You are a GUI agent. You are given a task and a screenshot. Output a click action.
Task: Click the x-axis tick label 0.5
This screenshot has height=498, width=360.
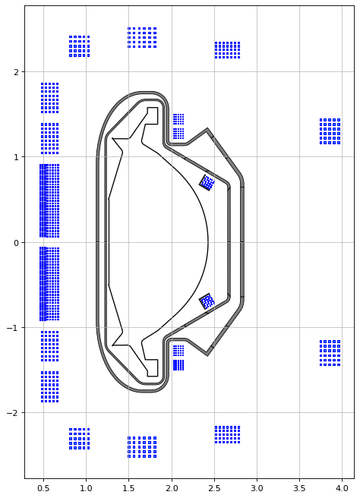(x=43, y=488)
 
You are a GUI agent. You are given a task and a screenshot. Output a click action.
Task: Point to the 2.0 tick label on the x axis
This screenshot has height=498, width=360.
(x=172, y=488)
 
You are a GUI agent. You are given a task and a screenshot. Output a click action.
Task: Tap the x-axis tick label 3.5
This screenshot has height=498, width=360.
(x=299, y=488)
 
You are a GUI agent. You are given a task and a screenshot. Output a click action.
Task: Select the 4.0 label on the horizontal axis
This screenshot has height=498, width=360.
(x=342, y=488)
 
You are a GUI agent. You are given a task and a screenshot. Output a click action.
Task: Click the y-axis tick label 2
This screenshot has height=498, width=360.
(x=17, y=72)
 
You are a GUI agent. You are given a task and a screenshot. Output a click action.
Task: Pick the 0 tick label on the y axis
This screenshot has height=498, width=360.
(x=17, y=243)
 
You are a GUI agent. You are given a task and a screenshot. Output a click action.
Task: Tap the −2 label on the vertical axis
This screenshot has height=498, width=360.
(x=14, y=413)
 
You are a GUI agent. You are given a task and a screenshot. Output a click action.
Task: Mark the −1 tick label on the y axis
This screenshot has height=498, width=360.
(x=14, y=328)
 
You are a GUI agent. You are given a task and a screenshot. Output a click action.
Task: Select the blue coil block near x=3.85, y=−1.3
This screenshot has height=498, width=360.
(x=330, y=353)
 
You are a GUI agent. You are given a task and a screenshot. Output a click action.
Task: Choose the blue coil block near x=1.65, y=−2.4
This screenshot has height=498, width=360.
(x=142, y=447)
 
